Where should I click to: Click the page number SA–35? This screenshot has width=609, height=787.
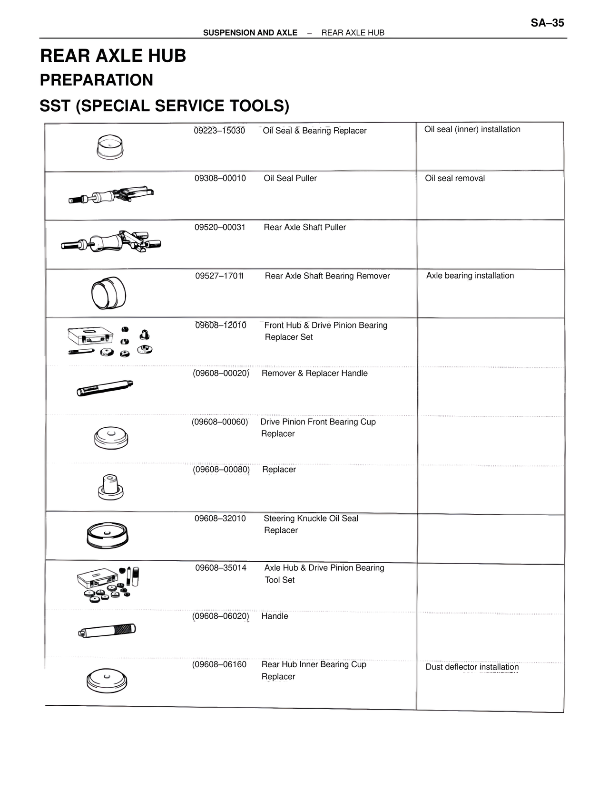(547, 23)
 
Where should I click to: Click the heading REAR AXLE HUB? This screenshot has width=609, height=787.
(113, 56)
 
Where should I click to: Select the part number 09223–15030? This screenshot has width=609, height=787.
(219, 131)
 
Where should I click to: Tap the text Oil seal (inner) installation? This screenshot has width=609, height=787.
(472, 129)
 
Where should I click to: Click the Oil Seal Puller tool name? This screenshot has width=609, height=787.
(290, 178)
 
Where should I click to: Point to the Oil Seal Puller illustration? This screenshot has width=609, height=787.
(111, 194)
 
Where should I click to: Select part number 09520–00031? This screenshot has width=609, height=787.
(220, 227)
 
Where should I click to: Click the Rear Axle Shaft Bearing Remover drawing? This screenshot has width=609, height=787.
(108, 292)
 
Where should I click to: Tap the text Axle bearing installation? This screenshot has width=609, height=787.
(470, 276)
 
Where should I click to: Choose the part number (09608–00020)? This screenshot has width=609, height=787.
(221, 373)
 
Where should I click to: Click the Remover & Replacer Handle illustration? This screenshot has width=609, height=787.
(105, 388)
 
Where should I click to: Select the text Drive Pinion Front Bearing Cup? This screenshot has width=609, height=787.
(318, 422)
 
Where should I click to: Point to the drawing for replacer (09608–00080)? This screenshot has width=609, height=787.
(110, 487)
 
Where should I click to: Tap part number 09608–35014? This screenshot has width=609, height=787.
(221, 568)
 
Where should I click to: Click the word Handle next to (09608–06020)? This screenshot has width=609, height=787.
(275, 616)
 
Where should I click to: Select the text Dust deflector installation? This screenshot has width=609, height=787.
(472, 667)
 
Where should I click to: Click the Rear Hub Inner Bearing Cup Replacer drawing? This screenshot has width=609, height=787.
(108, 681)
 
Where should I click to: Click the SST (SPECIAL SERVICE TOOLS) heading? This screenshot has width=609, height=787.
(164, 106)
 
